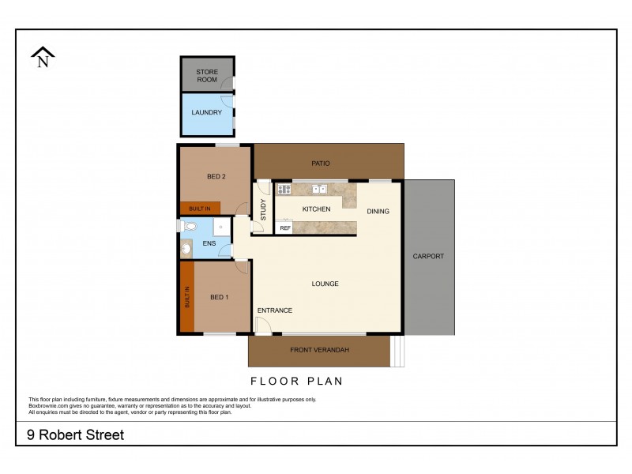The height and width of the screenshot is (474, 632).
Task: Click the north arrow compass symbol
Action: click(43, 58)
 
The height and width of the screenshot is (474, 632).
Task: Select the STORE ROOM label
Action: click(207, 76)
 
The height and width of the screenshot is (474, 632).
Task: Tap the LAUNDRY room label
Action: click(207, 112)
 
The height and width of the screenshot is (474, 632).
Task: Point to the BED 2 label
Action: click(216, 176)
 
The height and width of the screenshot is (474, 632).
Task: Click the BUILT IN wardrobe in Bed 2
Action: click(200, 209)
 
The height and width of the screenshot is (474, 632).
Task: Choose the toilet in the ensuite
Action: click(188, 227)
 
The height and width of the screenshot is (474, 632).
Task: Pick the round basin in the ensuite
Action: click(186, 248)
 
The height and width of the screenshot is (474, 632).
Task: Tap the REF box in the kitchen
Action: click(285, 228)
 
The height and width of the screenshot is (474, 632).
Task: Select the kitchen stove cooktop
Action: click(284, 190)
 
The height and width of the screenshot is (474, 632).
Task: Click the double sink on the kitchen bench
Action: click(320, 190)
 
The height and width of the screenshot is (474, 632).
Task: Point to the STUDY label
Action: click(263, 209)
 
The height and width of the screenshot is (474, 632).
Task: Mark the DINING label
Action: click(378, 211)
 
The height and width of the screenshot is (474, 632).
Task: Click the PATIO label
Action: click(320, 164)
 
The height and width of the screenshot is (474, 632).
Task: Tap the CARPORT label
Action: click(429, 256)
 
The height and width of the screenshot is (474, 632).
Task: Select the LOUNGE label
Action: click(325, 284)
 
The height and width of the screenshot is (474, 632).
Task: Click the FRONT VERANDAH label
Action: click(319, 350)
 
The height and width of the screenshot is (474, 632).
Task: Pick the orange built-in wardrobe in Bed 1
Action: click(187, 298)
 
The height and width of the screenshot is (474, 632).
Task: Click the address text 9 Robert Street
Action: click(76, 435)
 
